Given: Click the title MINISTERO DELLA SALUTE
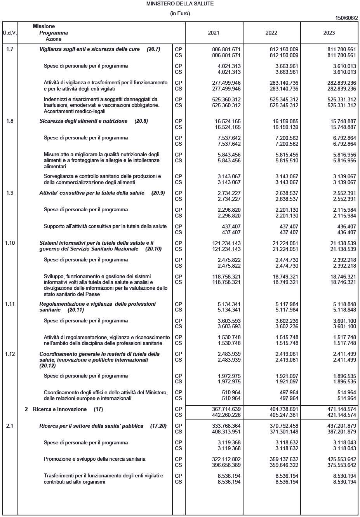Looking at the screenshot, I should pos(180,3).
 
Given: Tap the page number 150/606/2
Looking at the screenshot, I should pos(346,18).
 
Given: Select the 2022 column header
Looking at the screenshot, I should pos(271,33).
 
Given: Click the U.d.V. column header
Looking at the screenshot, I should pos(10,33).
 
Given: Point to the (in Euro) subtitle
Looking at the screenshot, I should pos(180,14).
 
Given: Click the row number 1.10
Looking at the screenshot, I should pos(10,243).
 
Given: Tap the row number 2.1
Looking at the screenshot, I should pos(10,426).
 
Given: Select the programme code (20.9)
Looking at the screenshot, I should pos(158,193).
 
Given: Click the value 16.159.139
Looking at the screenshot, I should pos(285,127).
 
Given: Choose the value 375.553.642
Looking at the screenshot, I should pos(342,465).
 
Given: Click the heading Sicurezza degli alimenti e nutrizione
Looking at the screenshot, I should pos(83,121).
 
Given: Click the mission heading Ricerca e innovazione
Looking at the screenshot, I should pos(60,409).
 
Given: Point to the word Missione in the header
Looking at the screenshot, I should pos(44,26).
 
